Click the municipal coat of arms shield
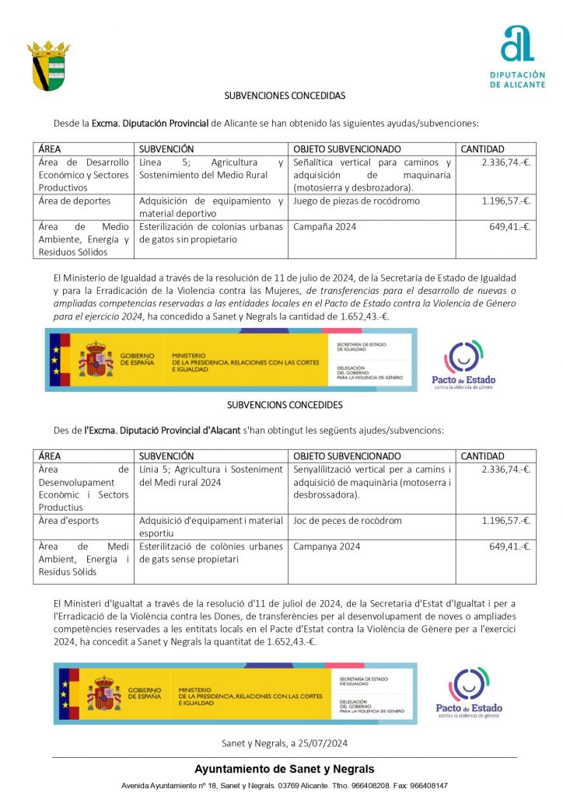(x=48, y=65)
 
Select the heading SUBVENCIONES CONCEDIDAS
(x=285, y=96)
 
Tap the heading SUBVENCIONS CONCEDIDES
(x=285, y=405)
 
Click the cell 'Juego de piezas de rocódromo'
(x=356, y=201)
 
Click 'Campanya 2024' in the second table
(x=327, y=546)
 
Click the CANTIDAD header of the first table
(x=483, y=149)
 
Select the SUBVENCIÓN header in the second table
(x=166, y=456)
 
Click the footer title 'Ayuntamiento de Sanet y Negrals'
(x=284, y=769)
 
